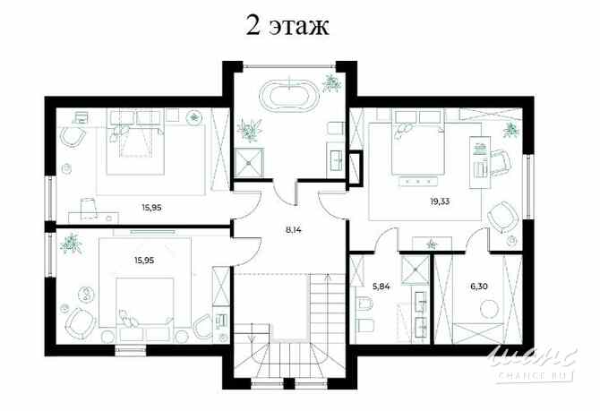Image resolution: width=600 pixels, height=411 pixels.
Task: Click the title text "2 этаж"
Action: tap(287, 25)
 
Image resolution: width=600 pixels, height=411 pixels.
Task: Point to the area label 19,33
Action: tap(440, 201)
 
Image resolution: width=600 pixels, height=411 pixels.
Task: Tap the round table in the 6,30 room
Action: tap(490, 309)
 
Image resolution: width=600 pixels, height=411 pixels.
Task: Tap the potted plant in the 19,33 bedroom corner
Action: tap(510, 130)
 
